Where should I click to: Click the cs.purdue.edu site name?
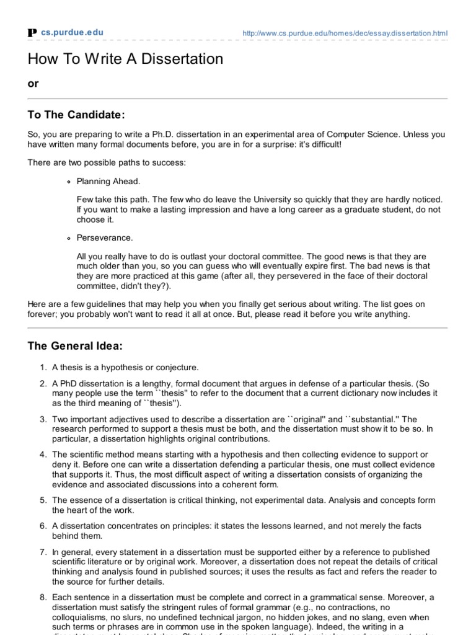tap(73, 32)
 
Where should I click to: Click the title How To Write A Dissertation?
tap(125, 60)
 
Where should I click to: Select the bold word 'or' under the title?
tap(33, 84)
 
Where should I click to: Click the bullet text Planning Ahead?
tap(108, 182)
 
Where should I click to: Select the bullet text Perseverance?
tap(104, 238)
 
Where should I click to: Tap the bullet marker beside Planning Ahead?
tap(68, 182)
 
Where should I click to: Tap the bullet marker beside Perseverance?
tap(68, 238)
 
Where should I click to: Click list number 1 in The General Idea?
tap(43, 368)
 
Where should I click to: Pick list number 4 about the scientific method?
tap(43, 455)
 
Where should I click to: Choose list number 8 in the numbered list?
tap(43, 597)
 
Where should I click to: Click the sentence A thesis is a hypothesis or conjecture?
tap(125, 368)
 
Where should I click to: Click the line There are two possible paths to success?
tap(106, 163)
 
